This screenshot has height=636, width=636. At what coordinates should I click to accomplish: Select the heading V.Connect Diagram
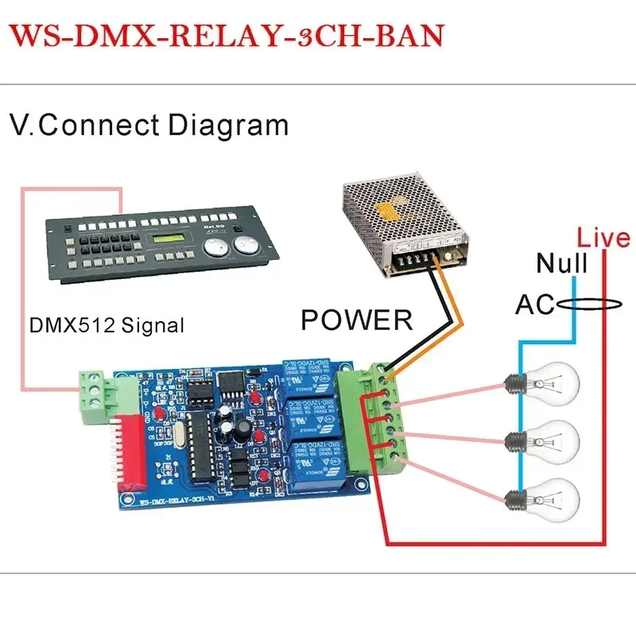[149, 125]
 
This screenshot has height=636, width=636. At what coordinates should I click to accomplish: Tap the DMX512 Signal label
[107, 324]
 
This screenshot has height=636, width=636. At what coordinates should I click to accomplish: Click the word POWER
[357, 320]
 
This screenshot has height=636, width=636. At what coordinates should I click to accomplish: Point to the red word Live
[603, 237]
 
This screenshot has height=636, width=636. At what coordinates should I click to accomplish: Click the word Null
[562, 263]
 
